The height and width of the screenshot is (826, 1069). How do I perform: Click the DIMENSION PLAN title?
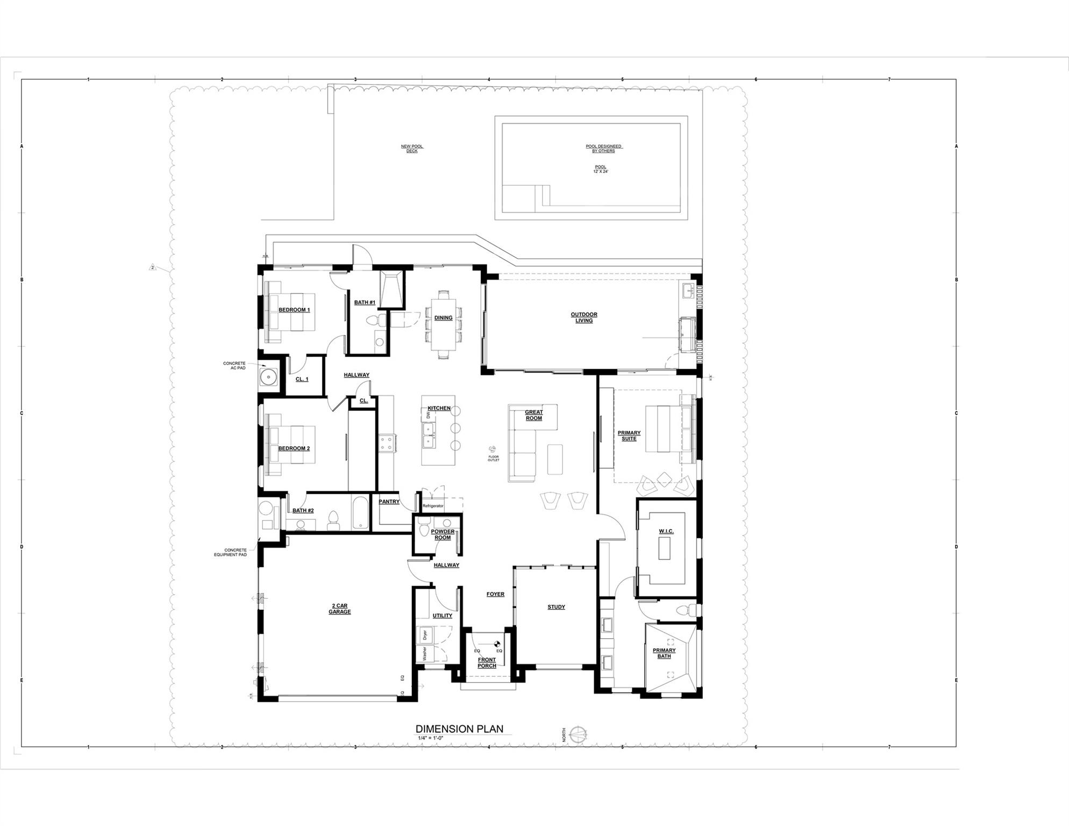[x=459, y=729]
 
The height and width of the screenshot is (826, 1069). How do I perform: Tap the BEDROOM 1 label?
[x=294, y=310]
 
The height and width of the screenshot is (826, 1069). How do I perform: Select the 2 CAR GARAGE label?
[x=339, y=609]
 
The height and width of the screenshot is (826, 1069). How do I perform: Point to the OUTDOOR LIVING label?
[x=584, y=318]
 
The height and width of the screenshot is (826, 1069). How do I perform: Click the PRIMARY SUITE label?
[x=629, y=436]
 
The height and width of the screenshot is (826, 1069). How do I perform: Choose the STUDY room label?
[x=556, y=607]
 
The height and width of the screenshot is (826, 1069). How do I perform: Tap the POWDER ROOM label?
[x=443, y=535]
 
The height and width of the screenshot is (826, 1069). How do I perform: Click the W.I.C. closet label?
[x=666, y=532]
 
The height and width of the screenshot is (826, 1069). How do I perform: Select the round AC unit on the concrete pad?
[x=268, y=377]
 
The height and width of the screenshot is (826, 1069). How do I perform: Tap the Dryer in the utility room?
[x=425, y=635]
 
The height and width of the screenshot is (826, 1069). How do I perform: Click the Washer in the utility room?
[x=425, y=654]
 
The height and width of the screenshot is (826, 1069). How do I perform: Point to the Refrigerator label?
[x=433, y=506]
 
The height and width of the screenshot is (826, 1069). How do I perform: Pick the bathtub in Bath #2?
[x=360, y=513]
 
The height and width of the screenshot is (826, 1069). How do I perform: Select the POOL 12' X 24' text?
[x=600, y=169]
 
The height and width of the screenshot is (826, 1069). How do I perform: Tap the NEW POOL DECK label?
[x=412, y=148]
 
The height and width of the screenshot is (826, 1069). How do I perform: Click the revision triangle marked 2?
[x=153, y=267]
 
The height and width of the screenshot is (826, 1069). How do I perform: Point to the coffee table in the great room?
[x=555, y=459]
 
